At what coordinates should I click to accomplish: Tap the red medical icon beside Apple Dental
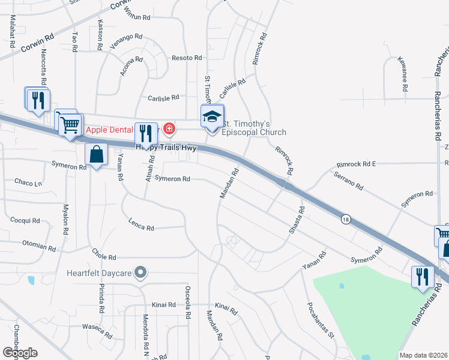coord(169,129)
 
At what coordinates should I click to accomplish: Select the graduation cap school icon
coord(211,116)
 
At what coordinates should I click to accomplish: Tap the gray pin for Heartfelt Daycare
coord(141,273)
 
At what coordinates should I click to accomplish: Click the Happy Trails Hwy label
coord(166,147)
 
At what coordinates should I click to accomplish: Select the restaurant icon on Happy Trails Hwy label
coord(145,134)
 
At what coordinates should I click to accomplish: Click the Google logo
coord(19,353)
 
